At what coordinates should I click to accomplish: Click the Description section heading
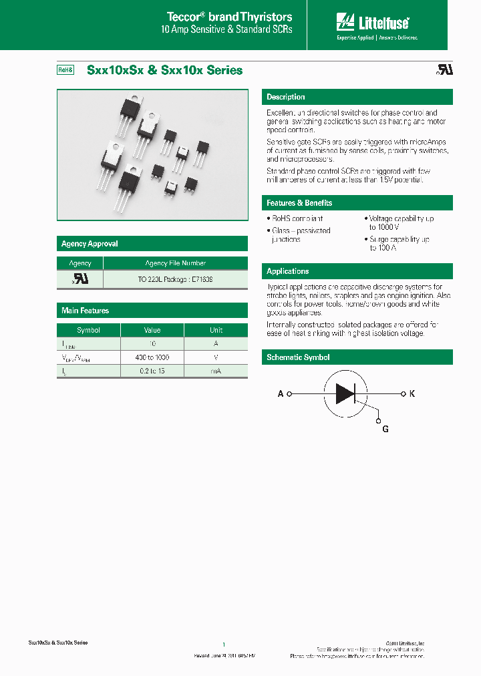(x=286, y=97)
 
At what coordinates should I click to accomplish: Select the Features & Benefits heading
(x=299, y=203)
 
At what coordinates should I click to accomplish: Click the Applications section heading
(x=288, y=271)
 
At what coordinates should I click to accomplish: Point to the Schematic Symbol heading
(x=298, y=357)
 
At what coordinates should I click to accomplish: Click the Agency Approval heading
(x=90, y=244)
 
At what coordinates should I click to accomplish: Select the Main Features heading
(x=85, y=311)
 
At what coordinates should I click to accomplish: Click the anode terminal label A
(x=281, y=394)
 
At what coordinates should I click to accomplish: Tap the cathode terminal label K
(x=412, y=394)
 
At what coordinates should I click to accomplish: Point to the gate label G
(x=385, y=430)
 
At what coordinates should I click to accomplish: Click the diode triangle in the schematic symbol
(x=345, y=394)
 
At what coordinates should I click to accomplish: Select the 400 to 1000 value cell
(x=152, y=357)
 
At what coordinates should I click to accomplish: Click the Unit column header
(x=216, y=330)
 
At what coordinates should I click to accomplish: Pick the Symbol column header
(x=88, y=330)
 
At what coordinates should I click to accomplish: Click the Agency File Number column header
(x=175, y=263)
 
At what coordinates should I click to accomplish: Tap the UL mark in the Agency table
(x=80, y=279)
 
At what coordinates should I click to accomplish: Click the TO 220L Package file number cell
(x=175, y=279)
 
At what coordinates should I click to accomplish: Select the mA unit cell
(x=216, y=371)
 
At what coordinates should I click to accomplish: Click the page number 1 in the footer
(x=223, y=645)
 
